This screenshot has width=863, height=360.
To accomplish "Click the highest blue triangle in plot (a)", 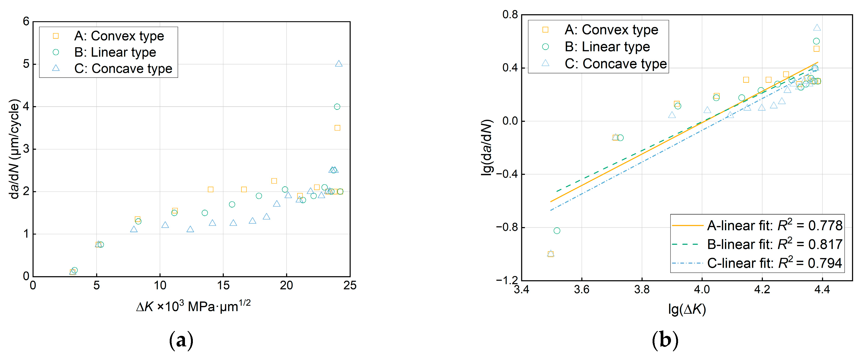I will pyautogui.click(x=339, y=64).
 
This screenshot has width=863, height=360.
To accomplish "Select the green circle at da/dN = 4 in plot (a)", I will pyautogui.click(x=337, y=107).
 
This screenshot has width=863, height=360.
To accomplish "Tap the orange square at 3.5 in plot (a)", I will pyautogui.click(x=337, y=128).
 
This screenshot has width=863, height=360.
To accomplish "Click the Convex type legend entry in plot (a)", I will pyautogui.click(x=119, y=36).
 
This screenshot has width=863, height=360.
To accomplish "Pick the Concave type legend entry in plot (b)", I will pyautogui.click(x=616, y=64).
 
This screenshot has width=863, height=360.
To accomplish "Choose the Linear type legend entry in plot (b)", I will pyautogui.click(x=607, y=47).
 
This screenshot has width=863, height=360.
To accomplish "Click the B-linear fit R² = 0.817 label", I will pyautogui.click(x=774, y=244).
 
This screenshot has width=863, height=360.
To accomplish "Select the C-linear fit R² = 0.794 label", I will pyautogui.click(x=774, y=263).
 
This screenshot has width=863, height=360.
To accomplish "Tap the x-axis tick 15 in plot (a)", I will pyautogui.click(x=223, y=286).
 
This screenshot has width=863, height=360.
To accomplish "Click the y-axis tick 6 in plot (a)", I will pyautogui.click(x=26, y=22).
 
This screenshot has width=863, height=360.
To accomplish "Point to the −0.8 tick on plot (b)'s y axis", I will pyautogui.click(x=507, y=227).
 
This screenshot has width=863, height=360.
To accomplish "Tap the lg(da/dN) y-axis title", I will pyautogui.click(x=487, y=147).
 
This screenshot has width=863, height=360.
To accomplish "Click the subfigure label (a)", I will pyautogui.click(x=181, y=341).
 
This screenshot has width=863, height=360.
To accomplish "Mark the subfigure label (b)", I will pyautogui.click(x=665, y=341).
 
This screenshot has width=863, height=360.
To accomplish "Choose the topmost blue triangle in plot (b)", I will pyautogui.click(x=817, y=28).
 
